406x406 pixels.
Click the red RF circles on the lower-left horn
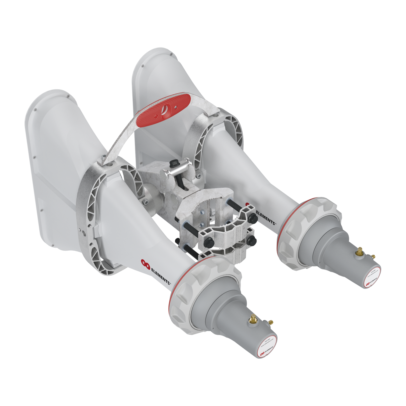pyautogui.click(x=145, y=265)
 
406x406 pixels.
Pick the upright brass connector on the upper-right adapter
pyautogui.click(x=359, y=250)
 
